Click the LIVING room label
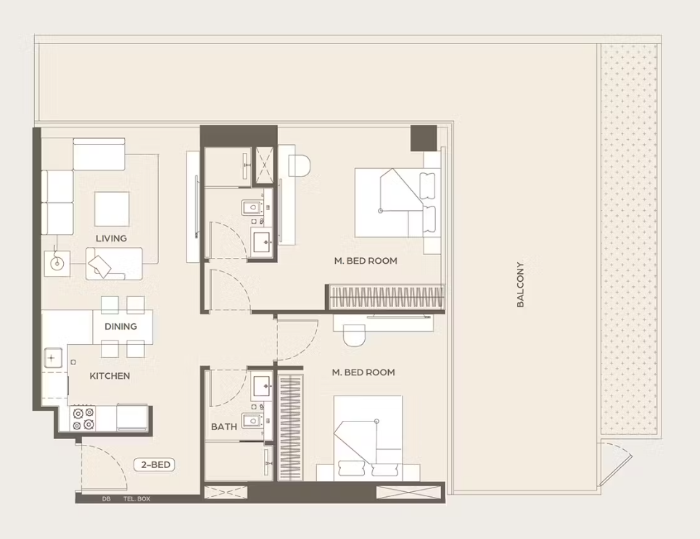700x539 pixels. [111, 238]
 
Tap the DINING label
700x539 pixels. [120, 326]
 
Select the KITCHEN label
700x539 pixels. [110, 376]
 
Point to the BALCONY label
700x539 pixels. [520, 285]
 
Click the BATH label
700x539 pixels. [224, 427]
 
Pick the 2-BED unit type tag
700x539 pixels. [155, 465]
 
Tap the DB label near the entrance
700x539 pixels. [106, 499]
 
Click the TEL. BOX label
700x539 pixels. [136, 499]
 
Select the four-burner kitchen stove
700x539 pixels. [83, 419]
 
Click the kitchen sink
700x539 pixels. [52, 358]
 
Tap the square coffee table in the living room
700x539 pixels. [112, 209]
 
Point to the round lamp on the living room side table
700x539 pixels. [57, 263]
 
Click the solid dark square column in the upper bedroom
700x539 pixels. [423, 138]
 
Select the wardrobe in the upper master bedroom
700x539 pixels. [387, 297]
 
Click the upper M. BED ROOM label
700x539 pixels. [366, 261]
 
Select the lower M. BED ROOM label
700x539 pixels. [363, 372]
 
